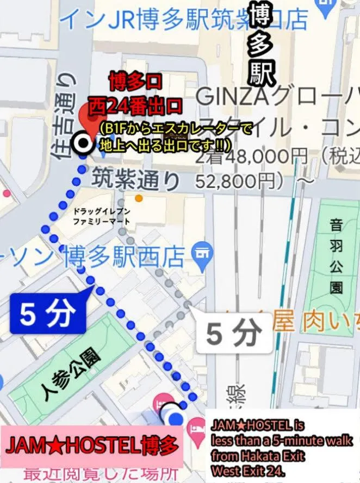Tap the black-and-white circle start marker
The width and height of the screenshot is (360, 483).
pyautogui.click(x=83, y=144)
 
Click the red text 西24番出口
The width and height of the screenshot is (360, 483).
pyautogui.click(x=136, y=104)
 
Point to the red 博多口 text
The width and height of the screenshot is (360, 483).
pyautogui.click(x=135, y=83)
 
